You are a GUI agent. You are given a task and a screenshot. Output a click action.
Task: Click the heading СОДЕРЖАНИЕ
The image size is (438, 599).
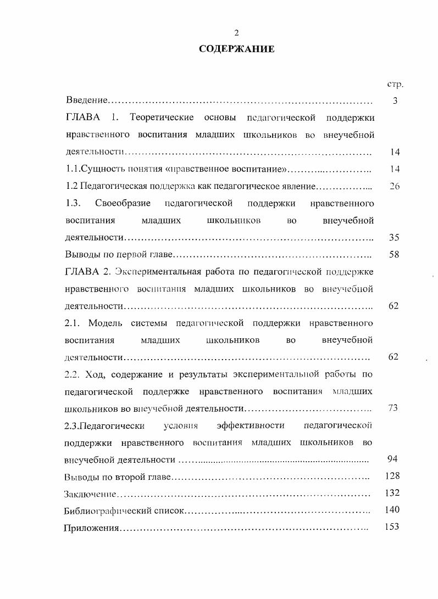(236, 49)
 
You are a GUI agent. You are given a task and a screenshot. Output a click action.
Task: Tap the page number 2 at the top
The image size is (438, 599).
(236, 33)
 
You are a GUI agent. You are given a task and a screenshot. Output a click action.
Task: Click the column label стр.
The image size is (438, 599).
(395, 85)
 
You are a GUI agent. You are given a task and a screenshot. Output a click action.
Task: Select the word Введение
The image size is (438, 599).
(86, 101)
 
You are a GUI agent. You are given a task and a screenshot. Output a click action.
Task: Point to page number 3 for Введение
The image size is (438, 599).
(395, 101)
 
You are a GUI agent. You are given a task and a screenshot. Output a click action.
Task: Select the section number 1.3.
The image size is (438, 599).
(73, 203)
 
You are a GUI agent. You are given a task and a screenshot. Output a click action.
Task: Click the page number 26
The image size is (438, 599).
(394, 186)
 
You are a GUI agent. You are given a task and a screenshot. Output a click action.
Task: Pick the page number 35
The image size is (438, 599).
(394, 238)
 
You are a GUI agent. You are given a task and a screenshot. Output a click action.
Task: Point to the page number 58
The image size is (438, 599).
(394, 254)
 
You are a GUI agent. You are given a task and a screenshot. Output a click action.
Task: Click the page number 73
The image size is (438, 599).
(393, 408)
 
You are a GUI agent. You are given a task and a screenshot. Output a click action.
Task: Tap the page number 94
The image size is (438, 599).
(393, 459)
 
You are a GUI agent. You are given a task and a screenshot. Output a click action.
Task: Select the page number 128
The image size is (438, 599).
(392, 475)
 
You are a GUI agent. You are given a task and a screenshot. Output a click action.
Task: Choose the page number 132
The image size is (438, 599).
(392, 492)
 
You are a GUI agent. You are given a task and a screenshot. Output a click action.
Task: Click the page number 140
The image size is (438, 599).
(392, 510)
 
